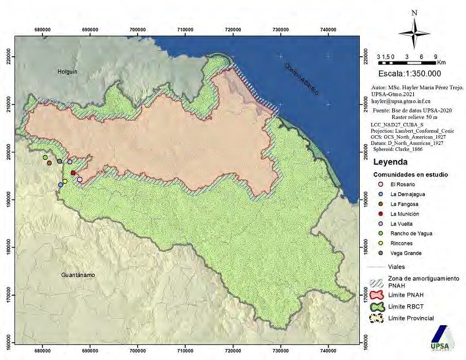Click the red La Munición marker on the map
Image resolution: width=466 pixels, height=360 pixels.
click(x=73, y=173)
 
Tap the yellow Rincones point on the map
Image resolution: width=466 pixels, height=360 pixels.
click(x=65, y=181)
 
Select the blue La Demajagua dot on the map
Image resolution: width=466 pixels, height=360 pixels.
click(x=60, y=185)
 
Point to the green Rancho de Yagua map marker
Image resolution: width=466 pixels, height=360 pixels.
click(x=45, y=158)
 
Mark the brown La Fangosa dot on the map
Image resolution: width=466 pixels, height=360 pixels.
click(x=49, y=163)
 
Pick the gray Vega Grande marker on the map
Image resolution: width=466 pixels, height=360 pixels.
click(x=59, y=161)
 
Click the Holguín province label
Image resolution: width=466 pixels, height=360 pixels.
click(x=67, y=71)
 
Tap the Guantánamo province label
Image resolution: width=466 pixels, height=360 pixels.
click(x=77, y=275)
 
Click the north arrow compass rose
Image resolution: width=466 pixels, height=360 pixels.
click(x=414, y=31)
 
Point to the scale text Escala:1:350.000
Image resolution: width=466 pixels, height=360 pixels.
click(x=409, y=74)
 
